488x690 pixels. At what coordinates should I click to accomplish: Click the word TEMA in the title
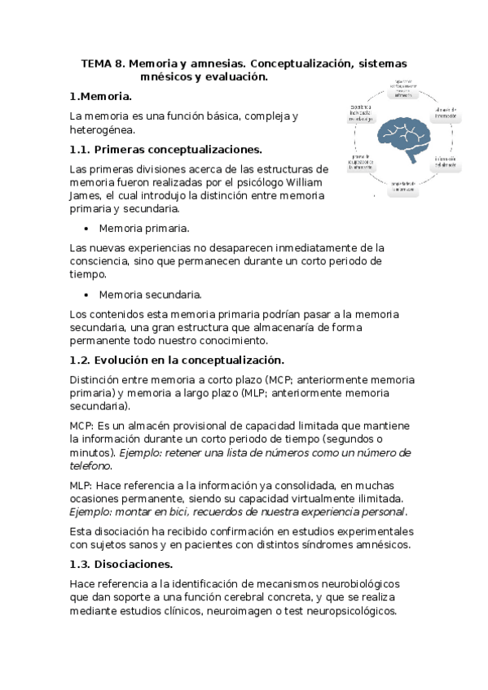point(98,63)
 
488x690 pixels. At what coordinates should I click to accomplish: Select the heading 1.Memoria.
point(101,96)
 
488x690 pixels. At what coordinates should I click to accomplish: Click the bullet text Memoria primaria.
point(144,228)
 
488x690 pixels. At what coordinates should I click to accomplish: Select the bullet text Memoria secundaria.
point(151,294)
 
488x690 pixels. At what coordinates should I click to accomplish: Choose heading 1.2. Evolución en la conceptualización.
point(176,360)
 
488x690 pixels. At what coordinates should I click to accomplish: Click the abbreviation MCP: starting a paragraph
point(82,426)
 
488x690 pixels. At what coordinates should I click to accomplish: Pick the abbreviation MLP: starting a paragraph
point(81,485)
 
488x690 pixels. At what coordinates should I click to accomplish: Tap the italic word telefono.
point(90,465)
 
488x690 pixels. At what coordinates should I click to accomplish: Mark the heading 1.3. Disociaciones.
point(121,564)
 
